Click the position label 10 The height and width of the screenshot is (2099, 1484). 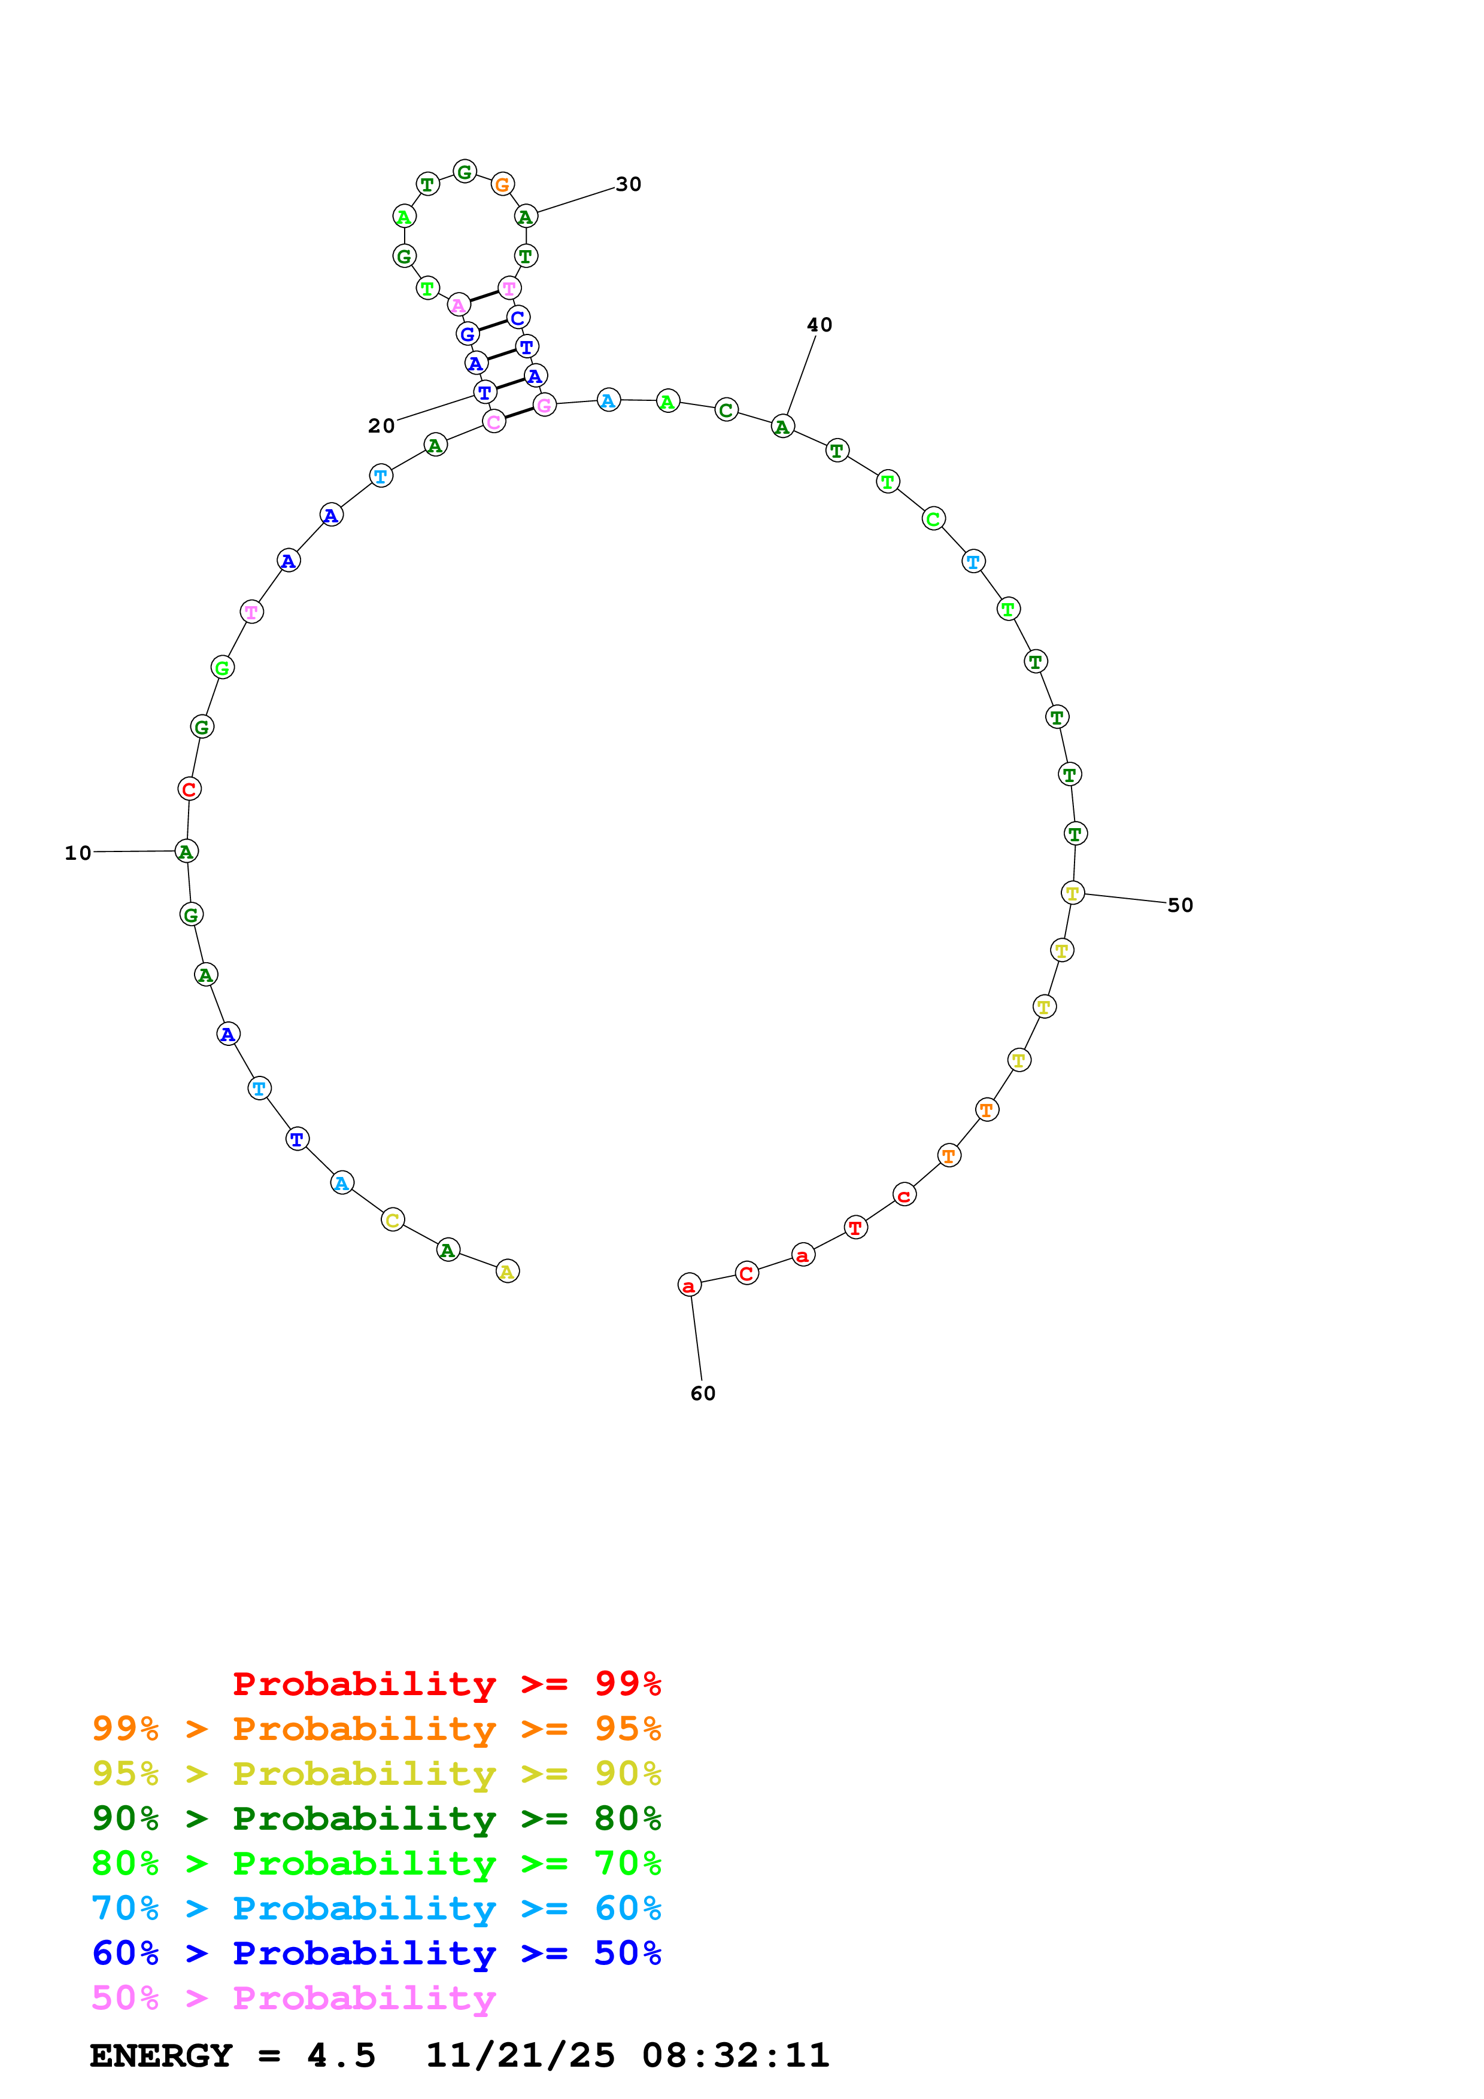tap(78, 853)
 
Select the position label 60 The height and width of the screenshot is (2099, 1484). tap(702, 1393)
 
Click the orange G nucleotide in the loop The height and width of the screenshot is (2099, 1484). tap(502, 185)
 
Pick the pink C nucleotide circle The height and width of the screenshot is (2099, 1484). tap(494, 421)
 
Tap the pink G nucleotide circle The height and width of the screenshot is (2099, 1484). tap(544, 405)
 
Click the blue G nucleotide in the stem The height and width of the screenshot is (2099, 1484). tap(468, 334)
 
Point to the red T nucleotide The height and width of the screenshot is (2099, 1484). tap(855, 1228)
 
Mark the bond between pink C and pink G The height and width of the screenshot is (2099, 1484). tap(520, 413)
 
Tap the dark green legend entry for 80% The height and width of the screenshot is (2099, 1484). tap(376, 1818)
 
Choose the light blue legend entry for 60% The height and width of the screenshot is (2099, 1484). tap(376, 1908)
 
